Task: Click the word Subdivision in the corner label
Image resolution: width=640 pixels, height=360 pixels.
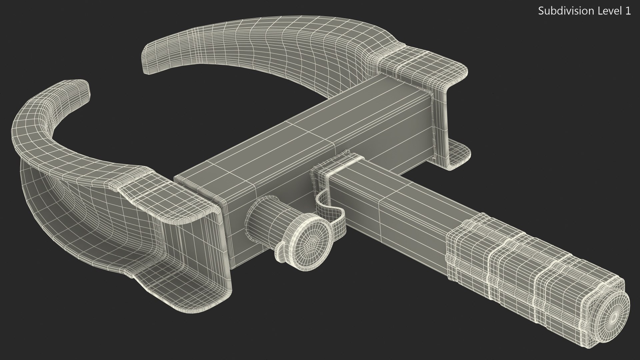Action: (562, 11)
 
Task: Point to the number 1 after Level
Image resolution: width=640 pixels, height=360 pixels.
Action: (628, 11)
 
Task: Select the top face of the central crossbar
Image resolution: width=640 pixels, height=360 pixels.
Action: (300, 133)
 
